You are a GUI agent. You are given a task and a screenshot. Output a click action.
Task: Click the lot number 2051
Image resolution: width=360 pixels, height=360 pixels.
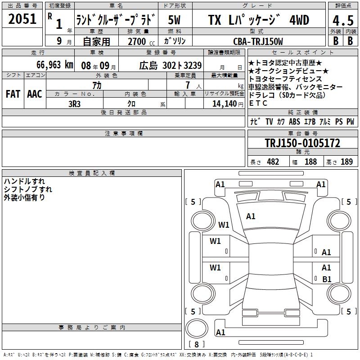(22, 19)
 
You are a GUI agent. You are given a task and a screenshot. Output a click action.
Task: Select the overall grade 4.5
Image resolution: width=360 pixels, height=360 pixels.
(343, 21)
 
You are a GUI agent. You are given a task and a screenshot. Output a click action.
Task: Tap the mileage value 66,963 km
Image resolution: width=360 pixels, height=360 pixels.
(54, 65)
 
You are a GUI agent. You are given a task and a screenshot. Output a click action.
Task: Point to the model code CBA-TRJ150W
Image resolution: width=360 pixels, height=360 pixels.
(258, 41)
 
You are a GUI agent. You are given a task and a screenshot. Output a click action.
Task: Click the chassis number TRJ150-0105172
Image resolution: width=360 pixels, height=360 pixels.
(302, 143)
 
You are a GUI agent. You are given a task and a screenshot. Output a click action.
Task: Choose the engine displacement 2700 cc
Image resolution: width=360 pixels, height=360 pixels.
(141, 41)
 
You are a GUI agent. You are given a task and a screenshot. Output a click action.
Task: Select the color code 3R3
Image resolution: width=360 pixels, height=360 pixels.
(74, 104)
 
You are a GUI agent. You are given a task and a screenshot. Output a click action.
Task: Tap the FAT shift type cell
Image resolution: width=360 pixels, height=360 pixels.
(13, 94)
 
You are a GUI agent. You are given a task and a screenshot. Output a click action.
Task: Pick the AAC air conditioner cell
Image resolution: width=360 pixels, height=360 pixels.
(35, 94)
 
